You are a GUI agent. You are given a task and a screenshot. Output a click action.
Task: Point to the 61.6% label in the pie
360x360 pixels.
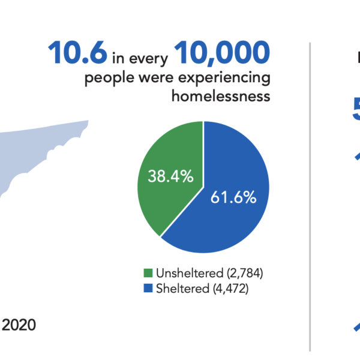pos(233,196)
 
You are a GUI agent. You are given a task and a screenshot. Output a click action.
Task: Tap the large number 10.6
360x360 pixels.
pos(78,54)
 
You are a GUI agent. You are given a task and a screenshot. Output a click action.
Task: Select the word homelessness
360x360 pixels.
pos(221,97)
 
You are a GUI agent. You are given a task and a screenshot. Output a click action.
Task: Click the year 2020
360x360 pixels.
pos(19,325)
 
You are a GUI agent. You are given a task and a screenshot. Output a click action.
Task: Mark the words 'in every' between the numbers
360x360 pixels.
pos(140,58)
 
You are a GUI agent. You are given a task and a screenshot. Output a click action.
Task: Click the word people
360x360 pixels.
pos(106,79)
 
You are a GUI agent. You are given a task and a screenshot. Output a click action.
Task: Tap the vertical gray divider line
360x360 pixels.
pos(310,198)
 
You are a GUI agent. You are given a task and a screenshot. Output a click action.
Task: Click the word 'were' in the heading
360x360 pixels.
pos(147,79)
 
